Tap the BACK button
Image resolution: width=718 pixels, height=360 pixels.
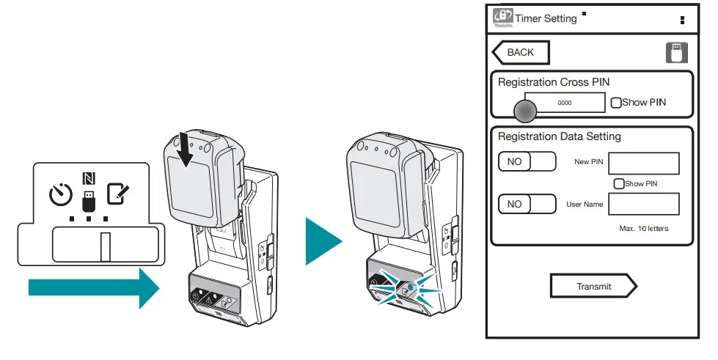click(521, 53)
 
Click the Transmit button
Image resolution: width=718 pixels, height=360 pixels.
click(593, 286)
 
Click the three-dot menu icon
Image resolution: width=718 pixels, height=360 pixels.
click(682, 21)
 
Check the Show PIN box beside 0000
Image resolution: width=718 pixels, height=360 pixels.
click(616, 103)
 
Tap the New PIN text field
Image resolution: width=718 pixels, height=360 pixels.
click(644, 163)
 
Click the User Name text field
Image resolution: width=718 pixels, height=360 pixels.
click(644, 204)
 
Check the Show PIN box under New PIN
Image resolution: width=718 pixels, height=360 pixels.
click(618, 184)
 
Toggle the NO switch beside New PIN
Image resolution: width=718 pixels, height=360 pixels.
click(527, 161)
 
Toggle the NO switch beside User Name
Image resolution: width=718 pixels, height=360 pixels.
click(527, 204)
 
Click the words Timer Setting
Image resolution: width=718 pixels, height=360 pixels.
click(546, 19)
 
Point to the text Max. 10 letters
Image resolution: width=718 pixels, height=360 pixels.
click(644, 229)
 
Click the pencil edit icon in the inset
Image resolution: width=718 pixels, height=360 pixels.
click(117, 194)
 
